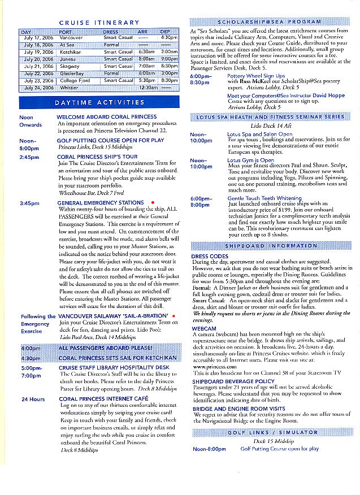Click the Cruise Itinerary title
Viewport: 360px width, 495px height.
99,23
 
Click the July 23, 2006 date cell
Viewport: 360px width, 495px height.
38,81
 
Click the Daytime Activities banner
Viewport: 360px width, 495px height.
99,103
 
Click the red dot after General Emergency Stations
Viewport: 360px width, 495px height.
153,202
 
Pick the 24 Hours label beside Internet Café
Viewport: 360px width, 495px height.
33,399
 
